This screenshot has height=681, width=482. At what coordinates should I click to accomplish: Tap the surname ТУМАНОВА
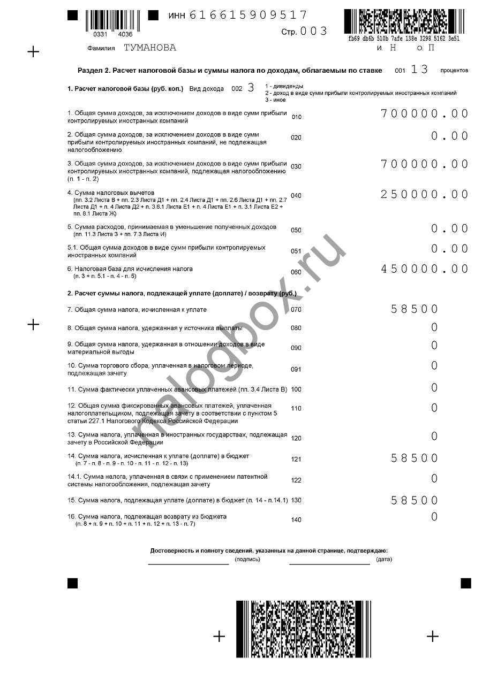coord(150,48)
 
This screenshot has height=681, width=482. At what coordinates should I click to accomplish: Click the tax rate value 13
coord(419,69)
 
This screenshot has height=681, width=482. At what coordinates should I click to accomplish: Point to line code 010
coord(296,117)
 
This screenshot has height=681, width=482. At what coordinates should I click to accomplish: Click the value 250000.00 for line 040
coord(425,194)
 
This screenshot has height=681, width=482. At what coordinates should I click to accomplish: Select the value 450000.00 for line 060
coord(425,269)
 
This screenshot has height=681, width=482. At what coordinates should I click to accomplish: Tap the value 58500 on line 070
coord(415,309)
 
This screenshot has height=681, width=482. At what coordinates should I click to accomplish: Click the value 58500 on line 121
coord(415,458)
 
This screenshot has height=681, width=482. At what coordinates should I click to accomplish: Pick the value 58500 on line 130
coord(415,500)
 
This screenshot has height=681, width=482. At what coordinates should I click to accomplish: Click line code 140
coord(296,519)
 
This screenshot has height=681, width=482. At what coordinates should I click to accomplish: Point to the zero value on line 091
coord(434,366)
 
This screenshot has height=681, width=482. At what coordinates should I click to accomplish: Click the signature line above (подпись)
coord(189,563)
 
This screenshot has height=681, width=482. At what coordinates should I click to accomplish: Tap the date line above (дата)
coord(329,563)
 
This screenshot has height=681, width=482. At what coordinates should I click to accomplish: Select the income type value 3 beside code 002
coord(251,88)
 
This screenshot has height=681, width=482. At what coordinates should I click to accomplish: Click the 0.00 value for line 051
coord(450,249)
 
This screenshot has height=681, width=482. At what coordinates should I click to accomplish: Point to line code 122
coord(296,480)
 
